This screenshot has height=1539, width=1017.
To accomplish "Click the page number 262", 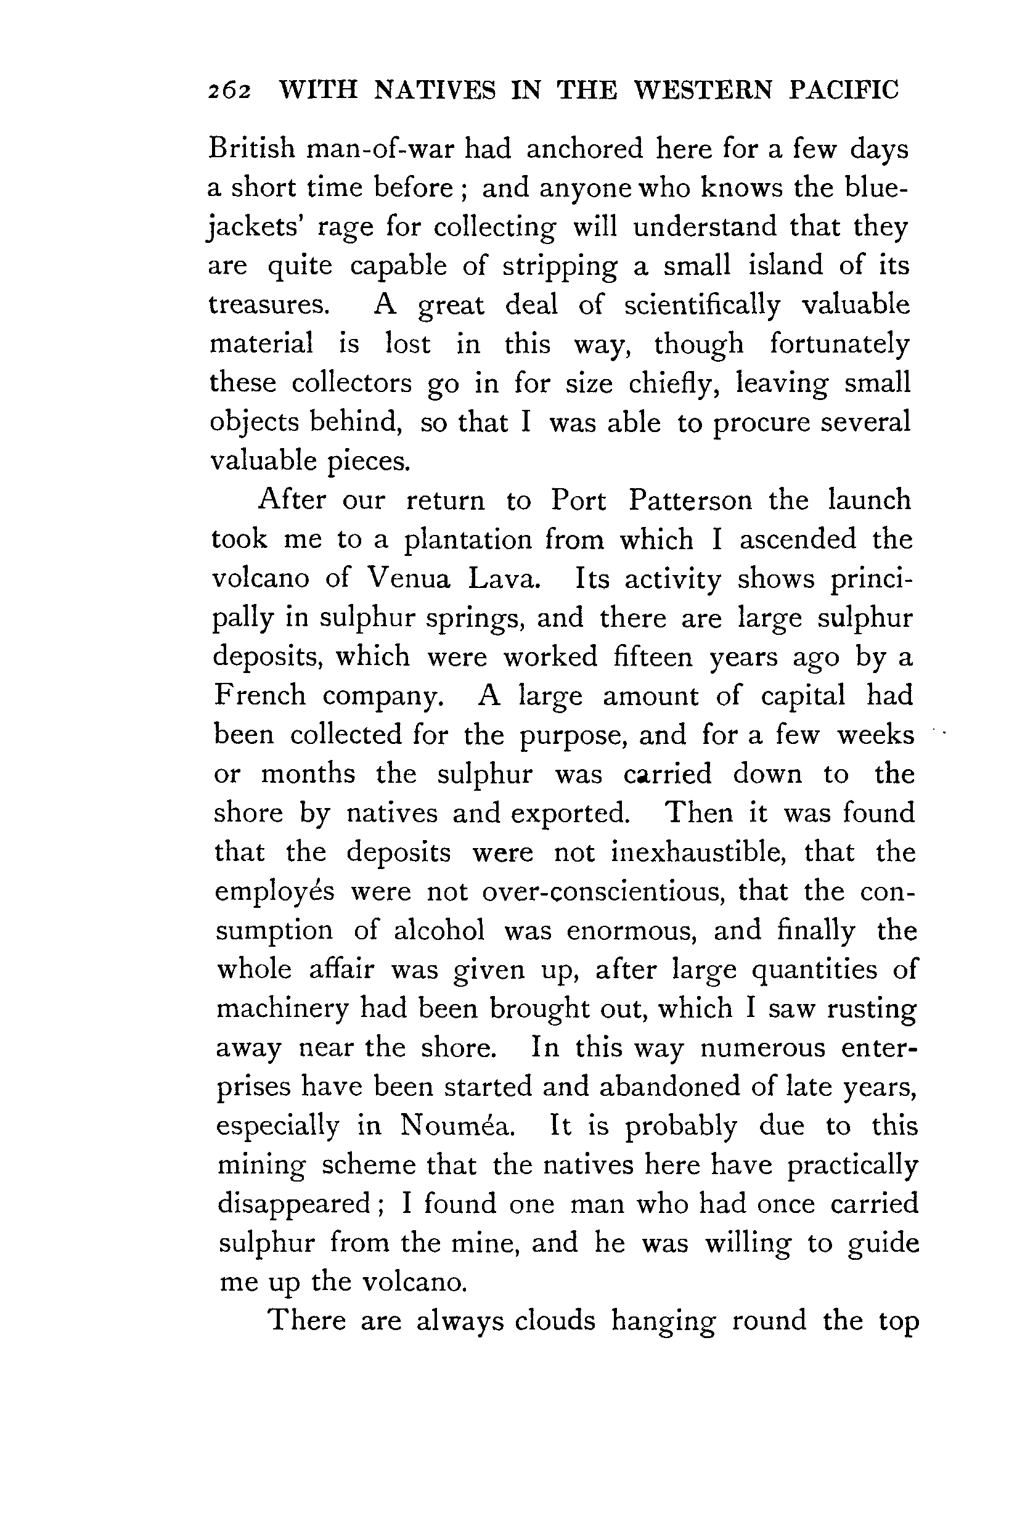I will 229,91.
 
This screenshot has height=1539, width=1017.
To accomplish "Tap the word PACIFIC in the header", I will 844,90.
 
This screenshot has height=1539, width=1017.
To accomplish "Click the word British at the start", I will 251,149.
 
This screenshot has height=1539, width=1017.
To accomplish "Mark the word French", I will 259,696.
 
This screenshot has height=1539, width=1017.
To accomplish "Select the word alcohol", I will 439,931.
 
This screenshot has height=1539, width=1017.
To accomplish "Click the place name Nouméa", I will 457,1126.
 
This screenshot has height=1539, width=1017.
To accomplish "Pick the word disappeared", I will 293,1205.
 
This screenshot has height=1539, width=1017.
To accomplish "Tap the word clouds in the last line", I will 555,1321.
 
